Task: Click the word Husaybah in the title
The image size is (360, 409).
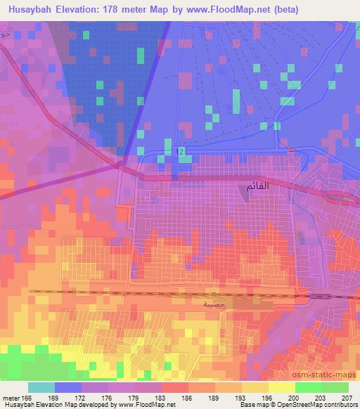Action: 31,10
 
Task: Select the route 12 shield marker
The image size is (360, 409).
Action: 181,152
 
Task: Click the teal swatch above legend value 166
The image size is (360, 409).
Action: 41,387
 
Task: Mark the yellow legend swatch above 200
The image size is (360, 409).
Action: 281,387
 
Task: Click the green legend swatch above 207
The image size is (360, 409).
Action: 335,387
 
